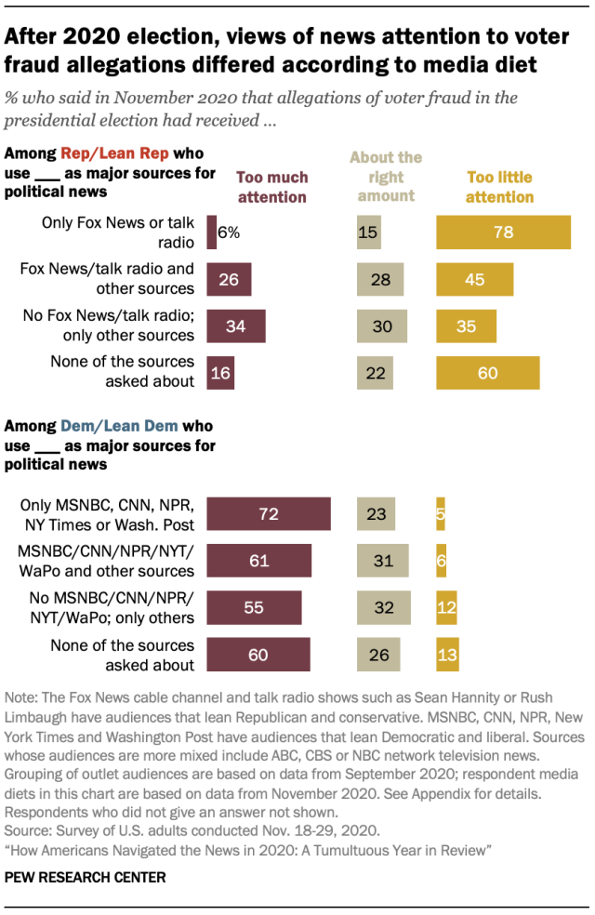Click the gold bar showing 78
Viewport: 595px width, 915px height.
pos(503,232)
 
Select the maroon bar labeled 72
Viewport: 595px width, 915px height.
pos(269,514)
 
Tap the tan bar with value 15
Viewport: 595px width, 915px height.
pos(368,232)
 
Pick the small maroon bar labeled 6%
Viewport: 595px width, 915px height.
pos(212,232)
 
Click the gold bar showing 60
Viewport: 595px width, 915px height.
pos(488,373)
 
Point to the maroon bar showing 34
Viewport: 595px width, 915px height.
pos(236,326)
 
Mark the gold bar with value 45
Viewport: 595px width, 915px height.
pos(474,279)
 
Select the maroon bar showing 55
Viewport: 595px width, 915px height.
pos(254,608)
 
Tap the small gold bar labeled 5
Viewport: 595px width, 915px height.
pos(440,514)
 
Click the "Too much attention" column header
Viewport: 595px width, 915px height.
pos(272,187)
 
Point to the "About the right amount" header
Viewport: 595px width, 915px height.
pos(385,177)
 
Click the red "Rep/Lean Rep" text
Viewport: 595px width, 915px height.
pos(104,153)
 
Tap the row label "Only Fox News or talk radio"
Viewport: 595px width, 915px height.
pos(117,232)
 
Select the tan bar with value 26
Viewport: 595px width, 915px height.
pos(378,655)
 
